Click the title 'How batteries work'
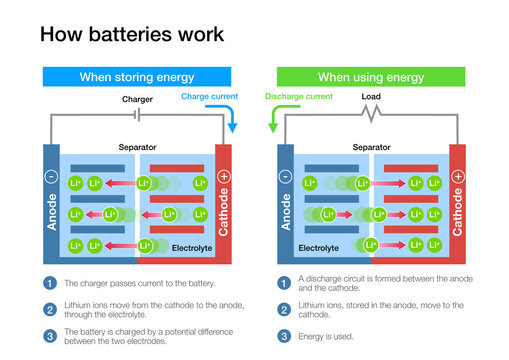click(131, 34)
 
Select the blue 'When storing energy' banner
click(136, 77)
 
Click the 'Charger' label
click(137, 100)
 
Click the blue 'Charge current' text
click(207, 97)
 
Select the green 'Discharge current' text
click(298, 97)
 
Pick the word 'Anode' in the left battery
click(51, 213)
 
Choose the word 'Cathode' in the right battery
click(458, 213)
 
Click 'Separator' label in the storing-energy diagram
click(137, 146)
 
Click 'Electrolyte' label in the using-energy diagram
click(318, 246)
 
